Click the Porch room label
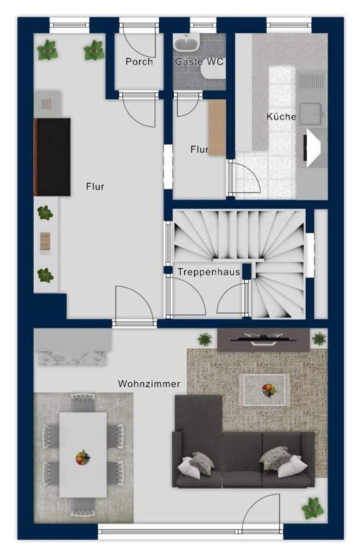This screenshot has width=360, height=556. [139, 62]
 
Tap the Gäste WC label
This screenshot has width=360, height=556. [199, 62]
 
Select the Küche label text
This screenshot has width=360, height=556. [281, 116]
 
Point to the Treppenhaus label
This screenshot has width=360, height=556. [209, 272]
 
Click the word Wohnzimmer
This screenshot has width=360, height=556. [149, 384]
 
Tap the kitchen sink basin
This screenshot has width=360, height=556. [311, 113]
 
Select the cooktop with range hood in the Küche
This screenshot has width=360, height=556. [312, 148]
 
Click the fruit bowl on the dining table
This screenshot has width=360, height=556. [83, 457]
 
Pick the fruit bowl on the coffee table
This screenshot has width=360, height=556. [269, 390]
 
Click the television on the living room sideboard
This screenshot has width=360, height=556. [263, 338]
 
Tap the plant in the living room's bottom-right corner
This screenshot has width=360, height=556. [312, 508]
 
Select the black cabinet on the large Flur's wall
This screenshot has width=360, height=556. [52, 157]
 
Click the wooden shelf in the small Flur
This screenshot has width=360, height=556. [217, 127]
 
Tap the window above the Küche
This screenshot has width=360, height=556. [289, 25]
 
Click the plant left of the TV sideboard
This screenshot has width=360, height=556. [205, 339]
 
